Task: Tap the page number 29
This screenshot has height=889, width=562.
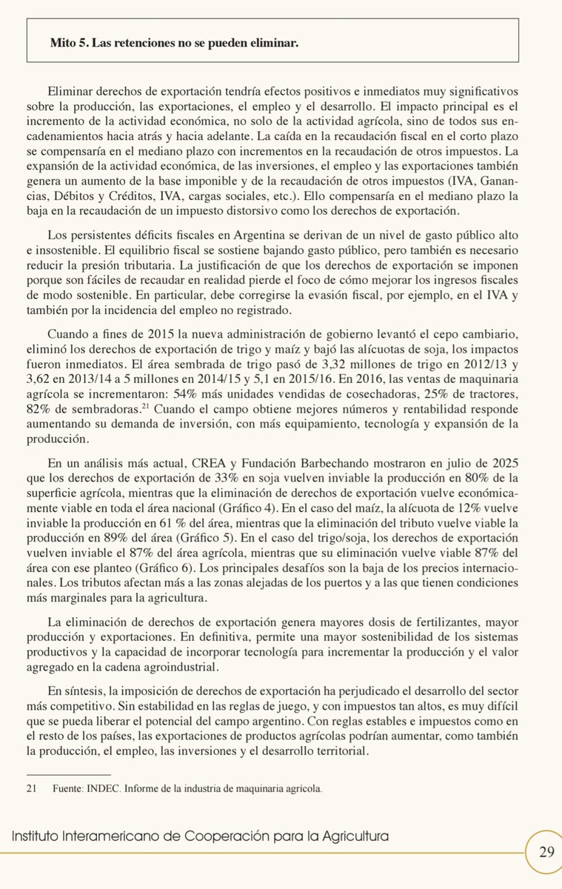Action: [x=546, y=852]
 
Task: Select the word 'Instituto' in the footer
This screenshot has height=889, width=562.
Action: [x=36, y=836]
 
